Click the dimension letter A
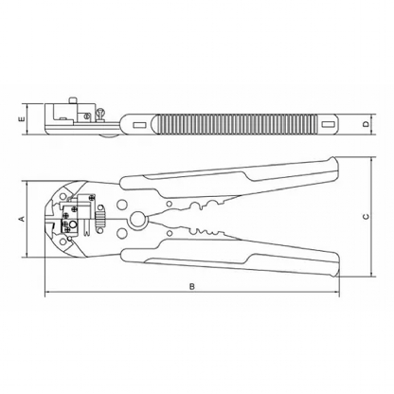click(x=22, y=219)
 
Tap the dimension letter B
click(x=192, y=287)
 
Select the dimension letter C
click(x=366, y=216)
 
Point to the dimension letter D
click(x=366, y=124)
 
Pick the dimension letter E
click(x=22, y=119)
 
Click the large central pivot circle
click(x=137, y=220)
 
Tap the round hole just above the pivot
click(x=121, y=205)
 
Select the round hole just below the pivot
click(x=121, y=234)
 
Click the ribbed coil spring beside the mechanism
click(x=100, y=219)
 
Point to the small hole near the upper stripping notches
click(x=170, y=205)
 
